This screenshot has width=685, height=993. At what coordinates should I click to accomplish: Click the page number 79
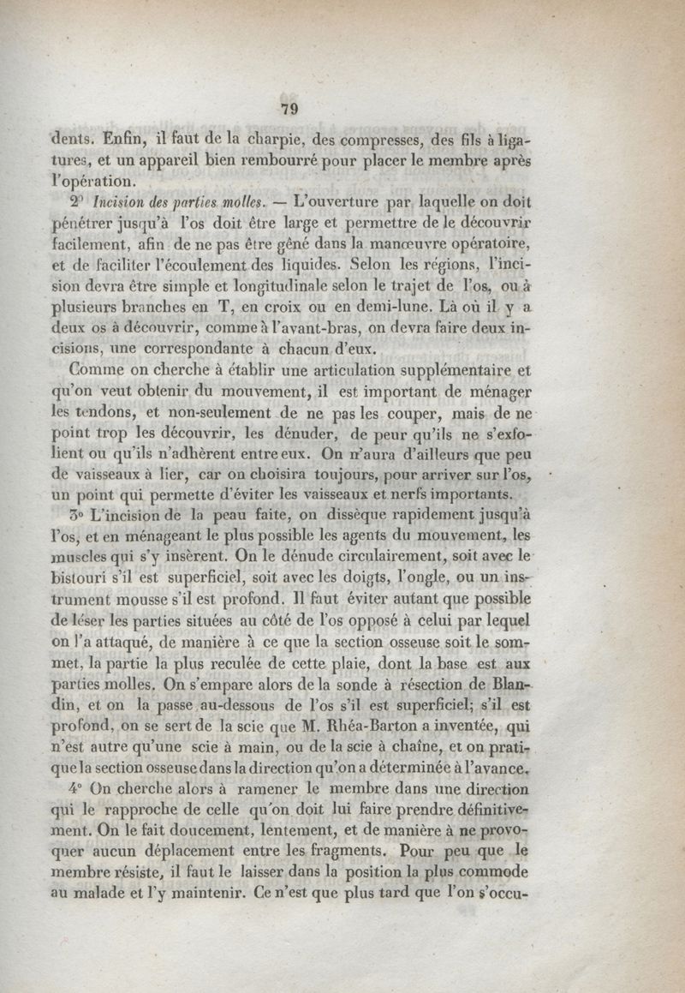click(289, 108)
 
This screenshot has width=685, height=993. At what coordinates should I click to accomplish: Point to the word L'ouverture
click(333, 203)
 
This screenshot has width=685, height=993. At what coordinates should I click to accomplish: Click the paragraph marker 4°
click(75, 790)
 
